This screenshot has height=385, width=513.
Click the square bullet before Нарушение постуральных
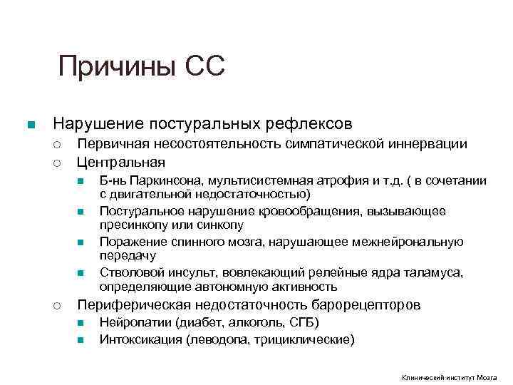click(x=30, y=125)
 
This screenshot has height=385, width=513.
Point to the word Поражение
click(x=131, y=242)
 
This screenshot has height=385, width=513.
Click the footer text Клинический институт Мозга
click(x=449, y=377)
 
